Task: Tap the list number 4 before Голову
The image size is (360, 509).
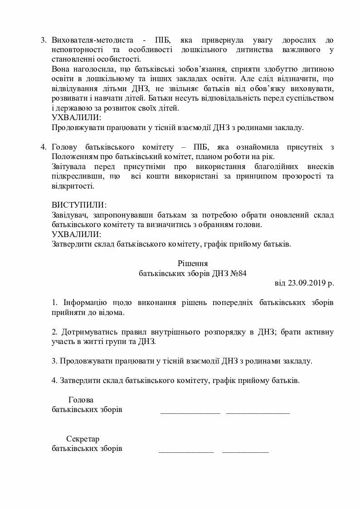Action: [x=43, y=147]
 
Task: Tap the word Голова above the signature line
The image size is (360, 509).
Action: [x=81, y=400]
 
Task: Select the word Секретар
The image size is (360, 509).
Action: [x=83, y=439]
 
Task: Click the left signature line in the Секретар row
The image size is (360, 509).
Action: [x=186, y=451]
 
